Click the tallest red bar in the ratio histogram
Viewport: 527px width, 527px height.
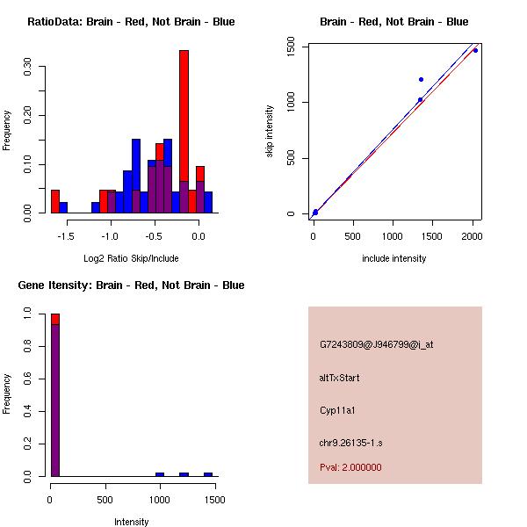coord(184,132)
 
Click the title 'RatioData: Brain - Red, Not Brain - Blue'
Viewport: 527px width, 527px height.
coord(131,22)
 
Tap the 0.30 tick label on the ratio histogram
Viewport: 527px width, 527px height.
coord(29,69)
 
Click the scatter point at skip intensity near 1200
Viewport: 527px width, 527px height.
coord(421,79)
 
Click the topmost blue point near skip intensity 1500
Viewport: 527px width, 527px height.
coord(475,50)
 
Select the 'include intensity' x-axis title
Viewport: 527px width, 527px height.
coord(393,258)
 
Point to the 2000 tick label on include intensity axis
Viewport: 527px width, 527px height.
coord(473,236)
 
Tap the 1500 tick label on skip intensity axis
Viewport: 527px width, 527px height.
coord(292,46)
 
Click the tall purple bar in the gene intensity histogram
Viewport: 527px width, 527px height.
coord(55,400)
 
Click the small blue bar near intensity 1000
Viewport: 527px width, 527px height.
coord(160,474)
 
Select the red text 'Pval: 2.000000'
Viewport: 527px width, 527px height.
coord(350,467)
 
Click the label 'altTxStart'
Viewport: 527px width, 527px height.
coord(340,378)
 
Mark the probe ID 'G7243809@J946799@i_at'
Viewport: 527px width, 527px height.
coord(377,344)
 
